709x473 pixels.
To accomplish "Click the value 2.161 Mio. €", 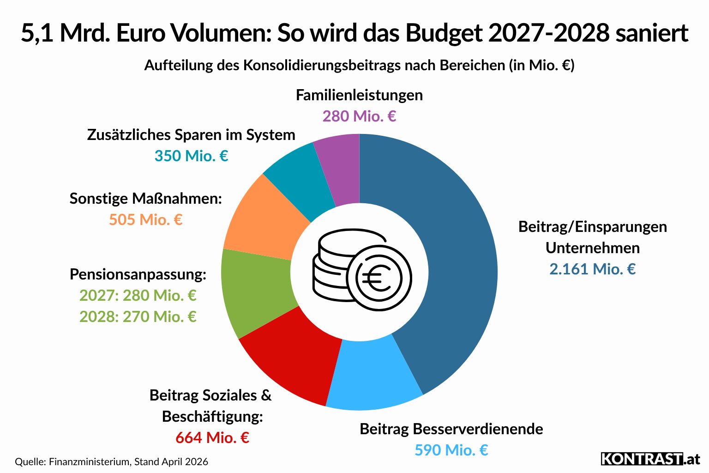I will [x=592, y=269].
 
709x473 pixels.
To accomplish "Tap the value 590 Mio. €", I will [x=451, y=450].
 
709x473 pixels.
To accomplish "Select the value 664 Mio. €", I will [x=212, y=437].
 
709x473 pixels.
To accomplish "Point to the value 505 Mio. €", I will [x=145, y=219].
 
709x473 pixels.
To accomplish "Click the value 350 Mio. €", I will [x=191, y=156].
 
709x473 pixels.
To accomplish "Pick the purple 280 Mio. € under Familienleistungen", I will [x=359, y=116].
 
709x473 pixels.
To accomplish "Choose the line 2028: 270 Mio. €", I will [x=138, y=316].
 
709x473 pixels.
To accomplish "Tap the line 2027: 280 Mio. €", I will [x=138, y=295].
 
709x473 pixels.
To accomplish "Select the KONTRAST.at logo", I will [x=650, y=459].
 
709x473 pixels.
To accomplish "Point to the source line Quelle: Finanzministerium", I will [x=111, y=461].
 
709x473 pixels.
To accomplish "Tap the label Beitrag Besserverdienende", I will [x=451, y=429].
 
